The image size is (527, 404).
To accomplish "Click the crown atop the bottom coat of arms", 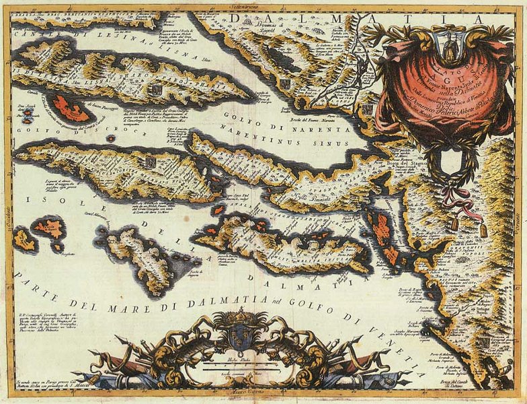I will coord(239,316).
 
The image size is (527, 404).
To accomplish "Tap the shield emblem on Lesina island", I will coord(156,89).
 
